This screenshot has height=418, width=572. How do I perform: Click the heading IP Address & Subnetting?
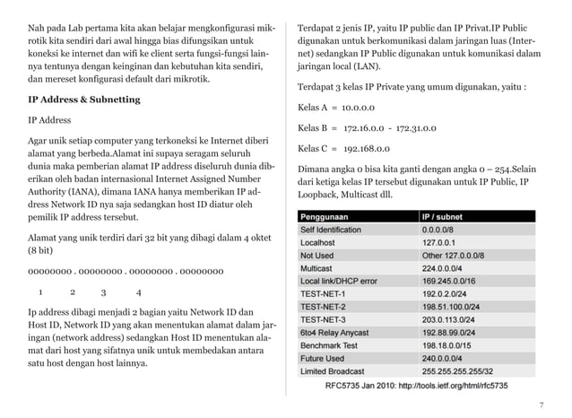(x=84, y=100)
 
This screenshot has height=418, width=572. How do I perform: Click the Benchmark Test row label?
(x=331, y=344)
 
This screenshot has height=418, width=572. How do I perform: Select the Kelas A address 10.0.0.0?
(x=356, y=108)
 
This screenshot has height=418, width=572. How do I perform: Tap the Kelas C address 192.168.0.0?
(x=365, y=149)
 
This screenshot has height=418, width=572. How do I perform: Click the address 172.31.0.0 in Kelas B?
(x=410, y=128)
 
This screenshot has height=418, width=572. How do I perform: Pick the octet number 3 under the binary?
(x=104, y=292)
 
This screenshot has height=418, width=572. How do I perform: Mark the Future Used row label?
(x=325, y=358)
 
